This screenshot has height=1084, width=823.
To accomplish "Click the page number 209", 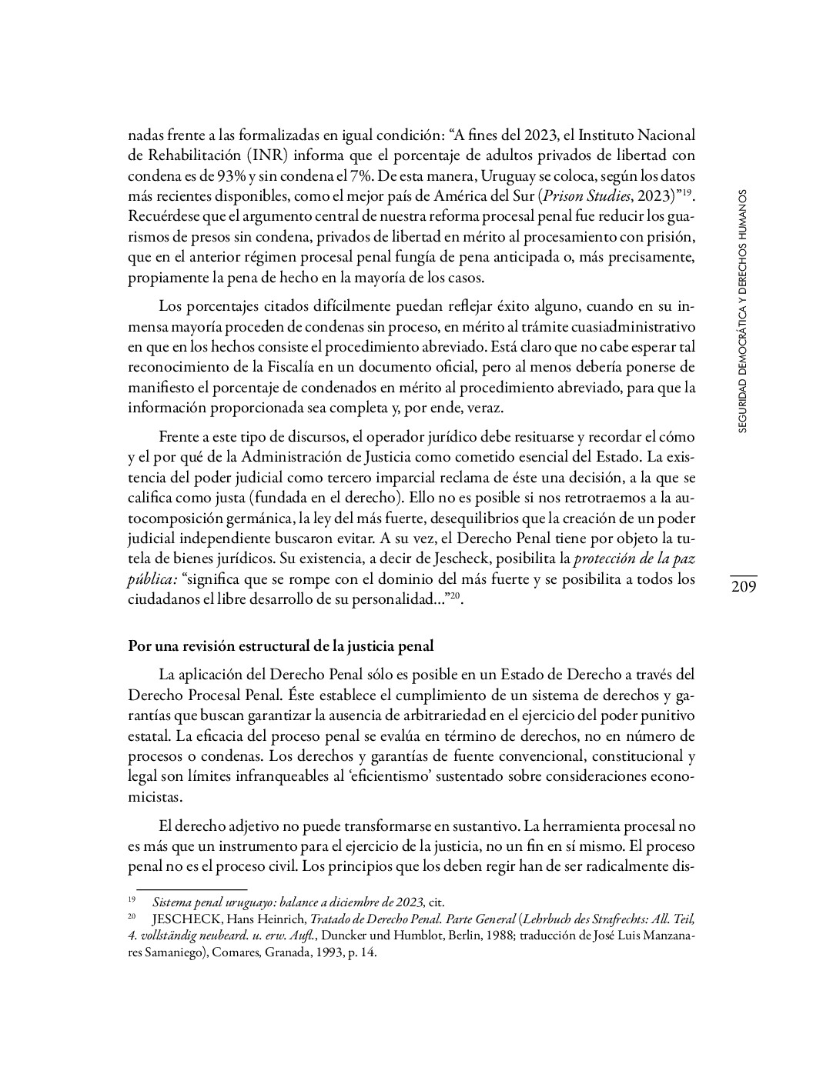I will tap(744, 587).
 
